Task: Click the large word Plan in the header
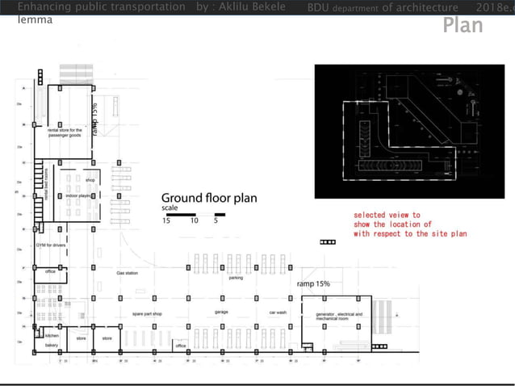pos(463,25)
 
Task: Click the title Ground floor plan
pos(209,198)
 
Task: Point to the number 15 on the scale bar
pos(167,220)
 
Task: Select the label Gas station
pos(128,274)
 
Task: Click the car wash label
pos(278,312)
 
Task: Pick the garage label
pos(221,312)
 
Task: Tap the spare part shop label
pos(147,313)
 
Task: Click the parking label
pos(236,278)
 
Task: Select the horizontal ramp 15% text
pos(313,284)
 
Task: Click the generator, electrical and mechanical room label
pos(339,315)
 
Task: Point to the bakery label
pos(52,345)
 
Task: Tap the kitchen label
pos(52,334)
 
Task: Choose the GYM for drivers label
pos(51,244)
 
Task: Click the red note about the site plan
pos(410,224)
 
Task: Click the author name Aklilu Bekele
pos(253,7)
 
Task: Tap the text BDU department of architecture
pos(383,7)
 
